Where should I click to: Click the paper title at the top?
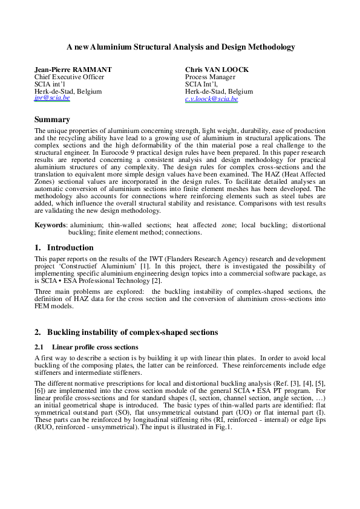click(180, 46)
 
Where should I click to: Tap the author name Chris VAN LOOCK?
click(217, 70)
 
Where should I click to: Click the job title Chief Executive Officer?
click(70, 77)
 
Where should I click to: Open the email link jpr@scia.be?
click(52, 98)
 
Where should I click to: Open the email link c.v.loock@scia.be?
click(211, 99)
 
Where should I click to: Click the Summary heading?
click(52, 120)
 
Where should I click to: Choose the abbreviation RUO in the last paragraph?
click(46, 427)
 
